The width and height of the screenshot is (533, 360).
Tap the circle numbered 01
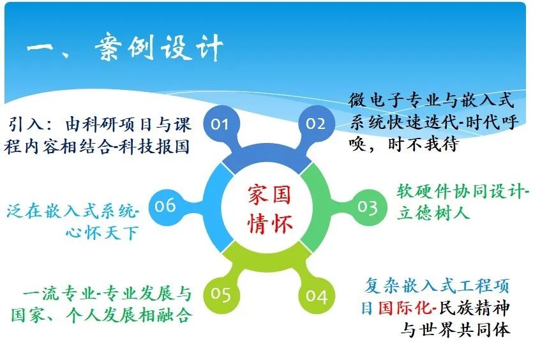point(220,123)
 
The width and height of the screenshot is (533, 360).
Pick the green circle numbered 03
point(367,207)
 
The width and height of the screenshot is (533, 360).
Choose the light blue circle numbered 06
point(165,206)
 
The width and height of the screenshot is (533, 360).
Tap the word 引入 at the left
point(23,123)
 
